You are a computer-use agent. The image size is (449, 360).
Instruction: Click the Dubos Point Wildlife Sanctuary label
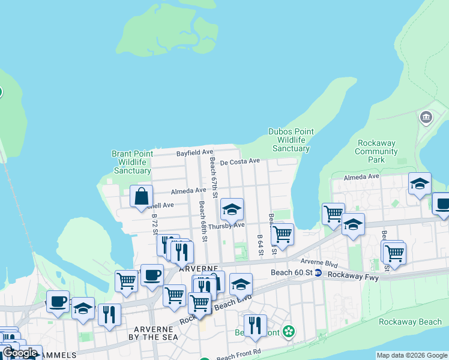click(291, 140)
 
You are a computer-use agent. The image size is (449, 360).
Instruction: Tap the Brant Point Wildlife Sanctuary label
click(131, 162)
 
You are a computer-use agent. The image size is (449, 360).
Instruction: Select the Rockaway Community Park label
click(376, 152)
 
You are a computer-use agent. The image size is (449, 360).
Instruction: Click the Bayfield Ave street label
click(194, 153)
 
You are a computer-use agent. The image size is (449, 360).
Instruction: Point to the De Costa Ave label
click(240, 161)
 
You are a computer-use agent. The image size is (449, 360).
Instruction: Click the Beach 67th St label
click(213, 176)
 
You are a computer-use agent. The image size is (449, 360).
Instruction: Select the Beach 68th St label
click(203, 221)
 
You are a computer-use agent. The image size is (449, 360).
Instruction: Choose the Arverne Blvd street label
click(319, 264)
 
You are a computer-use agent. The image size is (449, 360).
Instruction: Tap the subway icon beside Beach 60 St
click(318, 273)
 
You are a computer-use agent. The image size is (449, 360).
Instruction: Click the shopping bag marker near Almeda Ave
click(141, 196)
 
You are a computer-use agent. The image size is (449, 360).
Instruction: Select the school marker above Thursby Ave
click(232, 209)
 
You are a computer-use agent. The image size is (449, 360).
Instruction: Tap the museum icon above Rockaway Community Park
click(426, 116)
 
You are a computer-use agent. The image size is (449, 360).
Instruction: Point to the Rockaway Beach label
click(410, 322)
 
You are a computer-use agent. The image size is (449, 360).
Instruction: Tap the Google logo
click(20, 353)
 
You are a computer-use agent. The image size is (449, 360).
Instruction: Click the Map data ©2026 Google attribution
click(412, 355)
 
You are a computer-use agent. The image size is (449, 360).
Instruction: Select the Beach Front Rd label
click(238, 355)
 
